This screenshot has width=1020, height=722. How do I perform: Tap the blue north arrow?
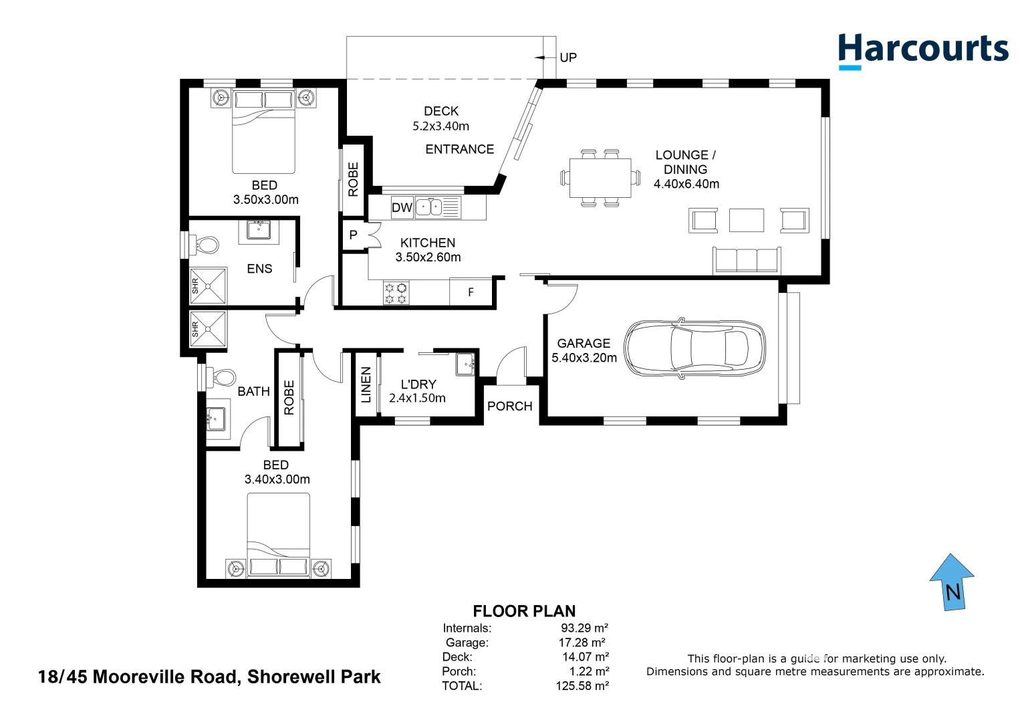pyautogui.click(x=952, y=582)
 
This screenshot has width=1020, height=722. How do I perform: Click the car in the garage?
pyautogui.click(x=694, y=348)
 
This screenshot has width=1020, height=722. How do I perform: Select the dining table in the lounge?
pyautogui.click(x=600, y=178)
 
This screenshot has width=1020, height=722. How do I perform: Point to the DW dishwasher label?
pyautogui.click(x=402, y=208)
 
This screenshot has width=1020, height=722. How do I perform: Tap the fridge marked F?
pyautogui.click(x=471, y=292)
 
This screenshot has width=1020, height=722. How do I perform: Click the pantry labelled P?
pyautogui.click(x=354, y=235)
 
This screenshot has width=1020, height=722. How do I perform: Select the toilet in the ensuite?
pyautogui.click(x=205, y=245)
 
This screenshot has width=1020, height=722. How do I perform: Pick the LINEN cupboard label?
pyautogui.click(x=366, y=385)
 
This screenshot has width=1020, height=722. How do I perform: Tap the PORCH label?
pyautogui.click(x=509, y=406)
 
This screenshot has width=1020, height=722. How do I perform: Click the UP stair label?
pyautogui.click(x=568, y=57)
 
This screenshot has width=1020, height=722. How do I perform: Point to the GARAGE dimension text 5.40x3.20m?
pyautogui.click(x=584, y=358)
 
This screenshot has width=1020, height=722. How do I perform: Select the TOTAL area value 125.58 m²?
pyautogui.click(x=582, y=686)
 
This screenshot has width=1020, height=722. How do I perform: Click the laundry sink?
pyautogui.click(x=465, y=364)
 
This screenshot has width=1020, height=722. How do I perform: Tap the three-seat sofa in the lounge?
pyautogui.click(x=747, y=261)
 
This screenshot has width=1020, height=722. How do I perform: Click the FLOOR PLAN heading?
pyautogui.click(x=524, y=611)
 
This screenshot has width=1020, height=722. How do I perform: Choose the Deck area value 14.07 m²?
pyautogui.click(x=586, y=657)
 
